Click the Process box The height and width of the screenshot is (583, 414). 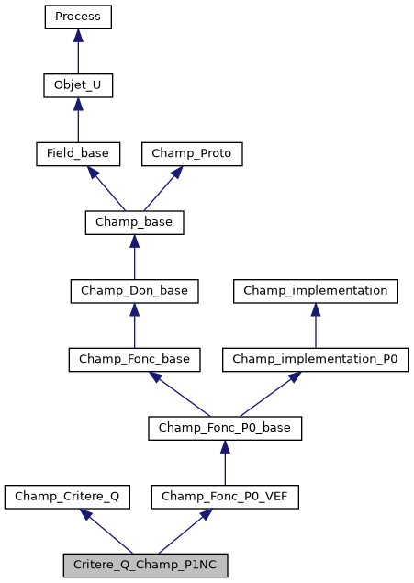pyautogui.click(x=78, y=17)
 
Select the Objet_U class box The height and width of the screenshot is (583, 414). pyautogui.click(x=78, y=85)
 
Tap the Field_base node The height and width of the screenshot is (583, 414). pyautogui.click(x=78, y=153)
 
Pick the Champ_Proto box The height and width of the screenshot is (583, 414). pyautogui.click(x=191, y=153)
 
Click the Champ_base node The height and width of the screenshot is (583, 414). pyautogui.click(x=134, y=222)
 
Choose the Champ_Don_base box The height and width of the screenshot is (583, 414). pyautogui.click(x=134, y=291)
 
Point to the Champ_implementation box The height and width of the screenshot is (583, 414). pyautogui.click(x=316, y=291)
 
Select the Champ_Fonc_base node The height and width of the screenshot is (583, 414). pyautogui.click(x=134, y=359)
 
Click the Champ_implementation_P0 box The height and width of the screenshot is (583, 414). pyautogui.click(x=316, y=359)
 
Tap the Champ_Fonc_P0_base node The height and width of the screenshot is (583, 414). pyautogui.click(x=225, y=428)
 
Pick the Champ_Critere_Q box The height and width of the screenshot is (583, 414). pyautogui.click(x=66, y=497)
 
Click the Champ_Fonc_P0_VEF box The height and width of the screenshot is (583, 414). pyautogui.click(x=225, y=497)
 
